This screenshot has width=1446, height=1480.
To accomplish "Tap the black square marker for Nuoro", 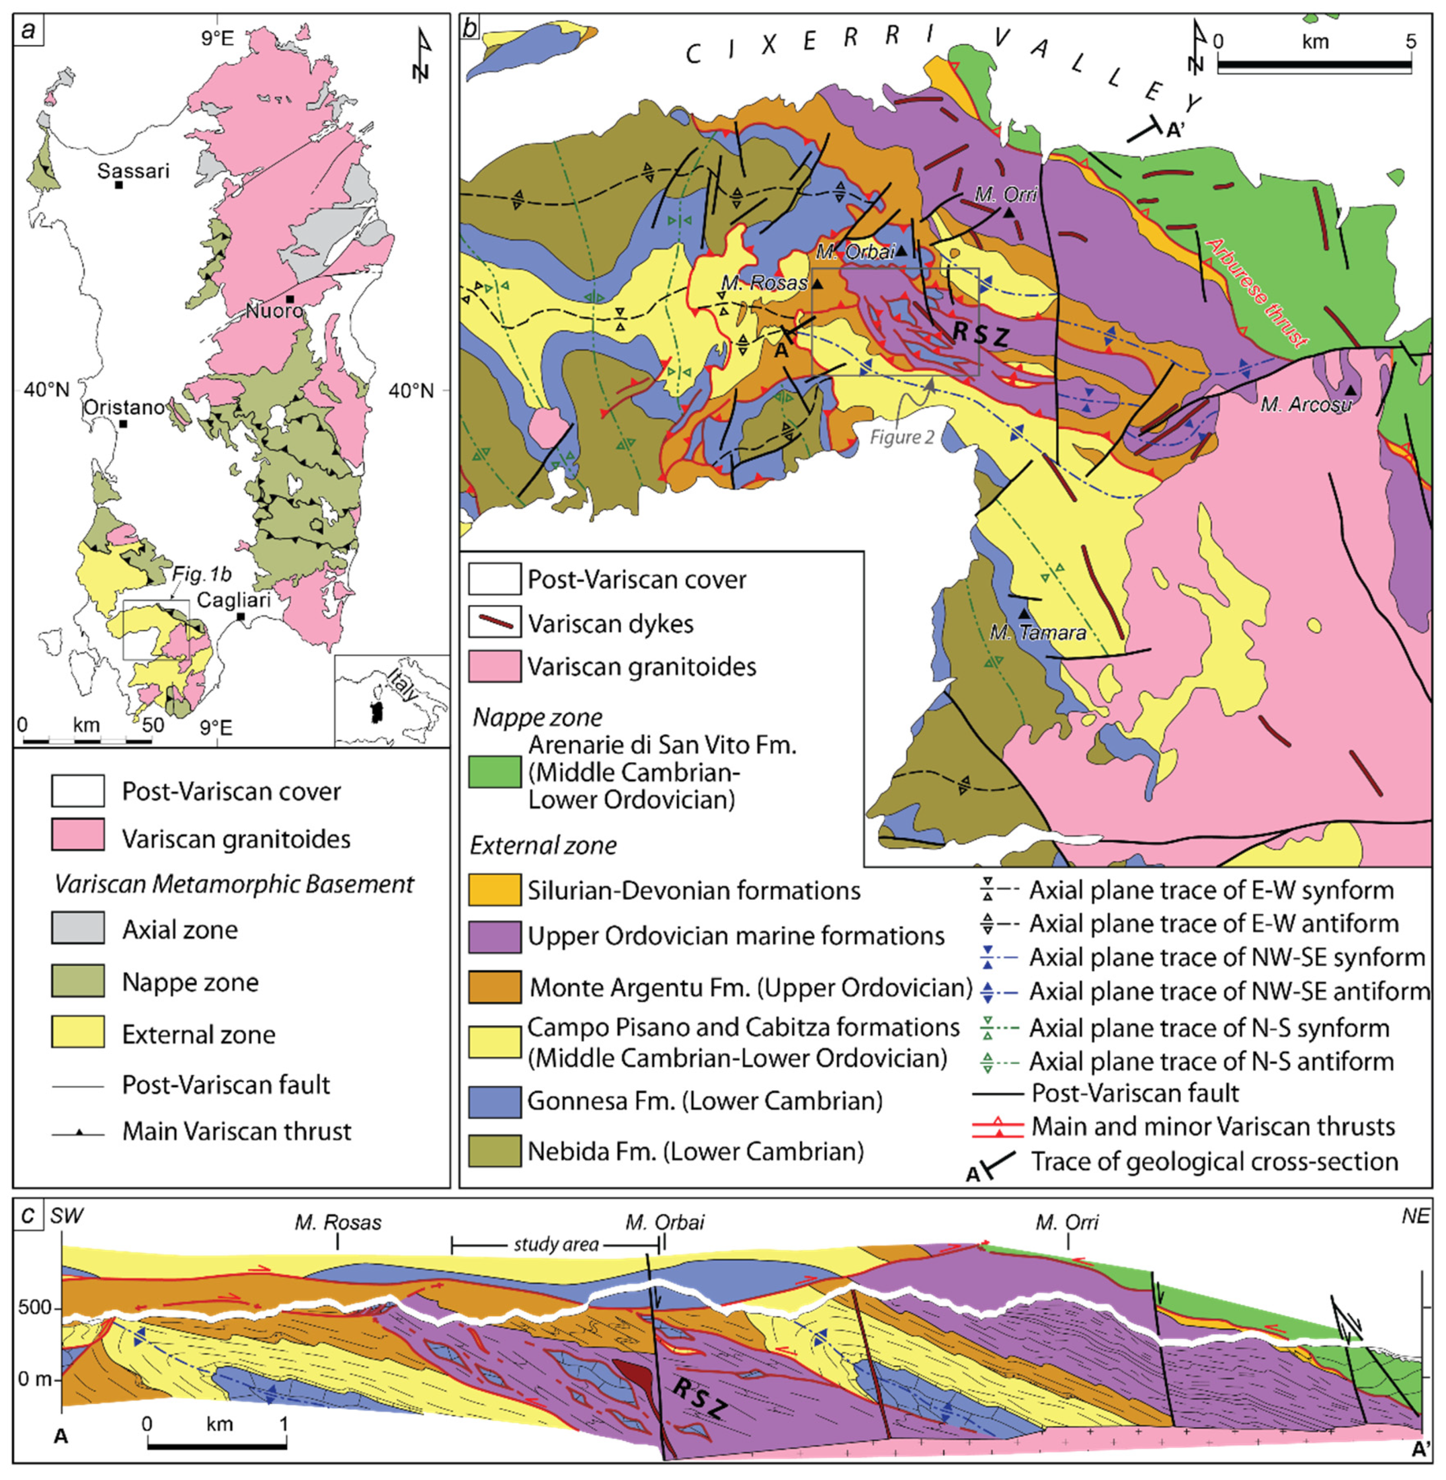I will [290, 299].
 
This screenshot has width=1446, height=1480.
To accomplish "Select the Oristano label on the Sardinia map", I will [123, 408].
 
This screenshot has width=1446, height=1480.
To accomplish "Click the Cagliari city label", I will [233, 600].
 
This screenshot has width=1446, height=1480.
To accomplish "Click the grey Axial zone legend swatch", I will [77, 929].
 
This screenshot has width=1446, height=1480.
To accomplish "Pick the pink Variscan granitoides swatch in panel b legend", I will [493, 667].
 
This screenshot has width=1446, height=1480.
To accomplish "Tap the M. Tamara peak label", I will [1037, 632].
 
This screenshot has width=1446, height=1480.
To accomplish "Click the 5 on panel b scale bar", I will [1410, 42].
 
